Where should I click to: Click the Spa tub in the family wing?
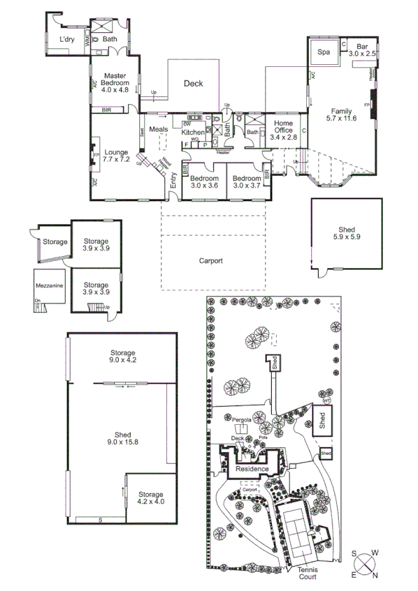pyautogui.click(x=324, y=52)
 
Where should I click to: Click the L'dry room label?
pyautogui.click(x=67, y=39)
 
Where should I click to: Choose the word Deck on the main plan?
pyautogui.click(x=193, y=84)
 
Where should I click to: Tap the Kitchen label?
pyautogui.click(x=193, y=132)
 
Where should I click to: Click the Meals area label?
pyautogui.click(x=158, y=128)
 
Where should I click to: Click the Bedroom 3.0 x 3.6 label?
pyautogui.click(x=204, y=181)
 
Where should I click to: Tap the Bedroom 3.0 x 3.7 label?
pyautogui.click(x=246, y=181)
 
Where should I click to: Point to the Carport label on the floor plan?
pyautogui.click(x=210, y=261)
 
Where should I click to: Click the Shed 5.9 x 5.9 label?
pyautogui.click(x=347, y=233)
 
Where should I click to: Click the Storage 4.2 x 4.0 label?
pyautogui.click(x=150, y=498)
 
